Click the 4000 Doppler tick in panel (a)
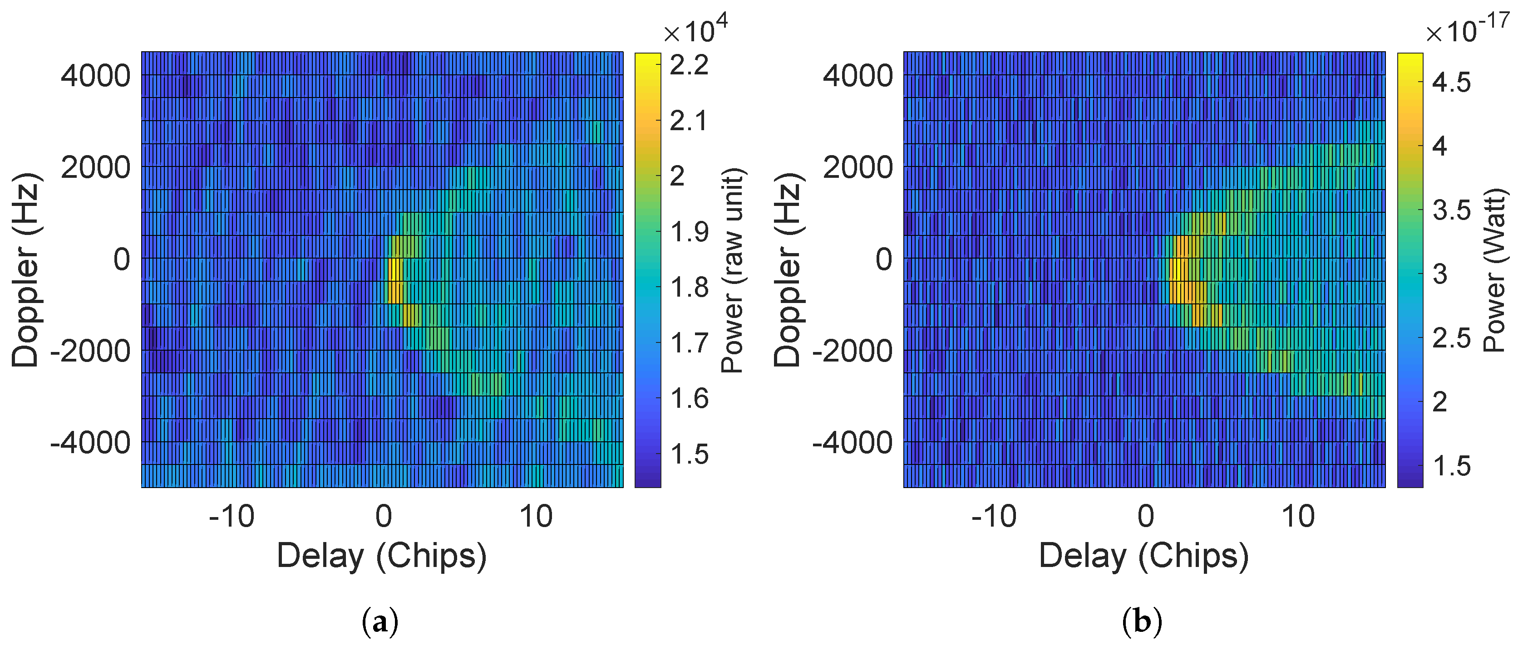click(95, 76)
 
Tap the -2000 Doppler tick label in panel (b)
click(853, 351)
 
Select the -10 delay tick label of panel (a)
click(232, 517)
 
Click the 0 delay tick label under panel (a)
click(384, 517)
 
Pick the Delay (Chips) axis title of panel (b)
click(1143, 556)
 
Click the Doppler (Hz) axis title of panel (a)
click(25, 270)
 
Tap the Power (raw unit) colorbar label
click(733, 270)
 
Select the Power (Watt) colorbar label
click(1494, 270)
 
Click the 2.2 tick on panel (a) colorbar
click(689, 65)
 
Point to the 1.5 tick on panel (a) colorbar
click(689, 454)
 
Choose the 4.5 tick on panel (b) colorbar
click(1451, 83)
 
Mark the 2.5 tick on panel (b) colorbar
click(1451, 338)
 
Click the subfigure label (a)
click(379, 622)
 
